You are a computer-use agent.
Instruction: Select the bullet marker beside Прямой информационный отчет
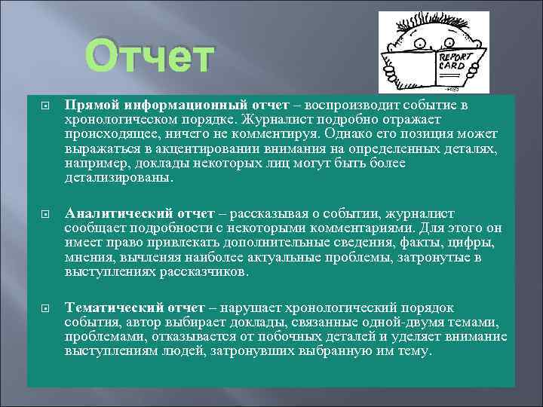click(44, 105)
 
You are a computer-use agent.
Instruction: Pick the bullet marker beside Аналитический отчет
click(44, 213)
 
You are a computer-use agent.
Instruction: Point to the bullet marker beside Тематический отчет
click(44, 308)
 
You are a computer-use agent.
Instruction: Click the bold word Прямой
click(90, 104)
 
